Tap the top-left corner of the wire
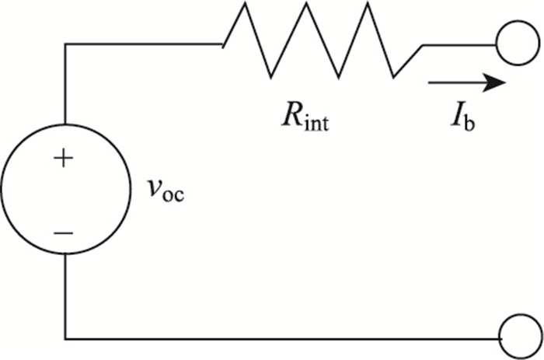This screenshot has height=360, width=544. (65, 44)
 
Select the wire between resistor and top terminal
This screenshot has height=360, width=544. (459, 44)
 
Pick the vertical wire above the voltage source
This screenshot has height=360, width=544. (65, 86)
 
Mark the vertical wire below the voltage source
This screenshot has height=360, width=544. (65, 299)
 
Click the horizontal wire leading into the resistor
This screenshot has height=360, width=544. (144, 44)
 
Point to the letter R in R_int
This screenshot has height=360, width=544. (291, 119)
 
